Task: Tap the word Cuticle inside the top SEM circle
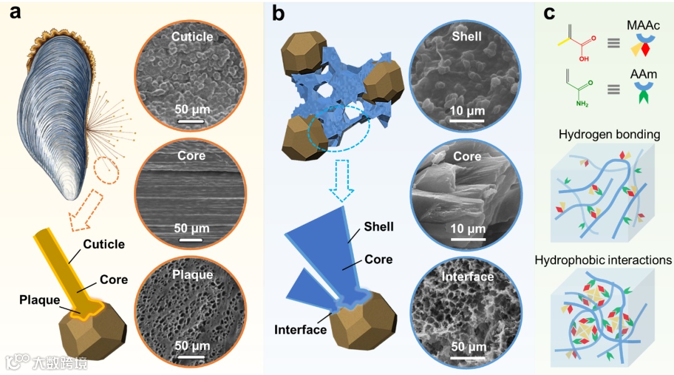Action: (x=192, y=37)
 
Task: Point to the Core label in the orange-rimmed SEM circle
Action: (x=191, y=154)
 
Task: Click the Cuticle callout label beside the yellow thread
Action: (x=104, y=244)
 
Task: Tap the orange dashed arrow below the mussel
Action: (x=84, y=209)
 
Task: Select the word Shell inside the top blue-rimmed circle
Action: (x=466, y=36)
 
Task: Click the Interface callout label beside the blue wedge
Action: (x=300, y=329)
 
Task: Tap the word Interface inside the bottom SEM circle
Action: (x=467, y=276)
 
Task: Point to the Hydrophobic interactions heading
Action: (x=602, y=260)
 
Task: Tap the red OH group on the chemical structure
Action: (x=584, y=59)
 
